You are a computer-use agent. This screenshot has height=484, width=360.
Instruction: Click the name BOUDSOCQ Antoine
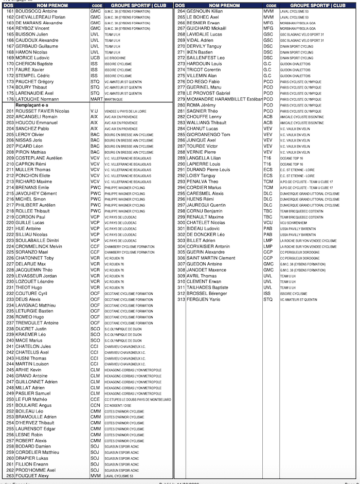pyautogui.click(x=36, y=11)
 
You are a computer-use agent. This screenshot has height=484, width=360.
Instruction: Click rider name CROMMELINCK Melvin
pyautogui.click(x=39, y=246)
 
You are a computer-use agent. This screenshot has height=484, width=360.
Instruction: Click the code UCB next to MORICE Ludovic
pyautogui.click(x=95, y=58)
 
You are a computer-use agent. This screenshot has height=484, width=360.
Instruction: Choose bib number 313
pyautogui.click(x=181, y=299)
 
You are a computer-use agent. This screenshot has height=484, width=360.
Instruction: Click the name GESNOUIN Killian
pyautogui.click(x=205, y=11)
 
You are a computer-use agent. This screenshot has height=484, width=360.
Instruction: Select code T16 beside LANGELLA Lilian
pyautogui.click(x=267, y=158)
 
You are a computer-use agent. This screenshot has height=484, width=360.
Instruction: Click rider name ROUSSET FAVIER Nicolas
pyautogui.click(x=42, y=111)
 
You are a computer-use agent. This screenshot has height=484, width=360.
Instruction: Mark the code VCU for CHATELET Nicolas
pyautogui.click(x=268, y=223)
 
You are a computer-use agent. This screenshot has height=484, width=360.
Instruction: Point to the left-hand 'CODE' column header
pyautogui.click(x=95, y=5)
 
